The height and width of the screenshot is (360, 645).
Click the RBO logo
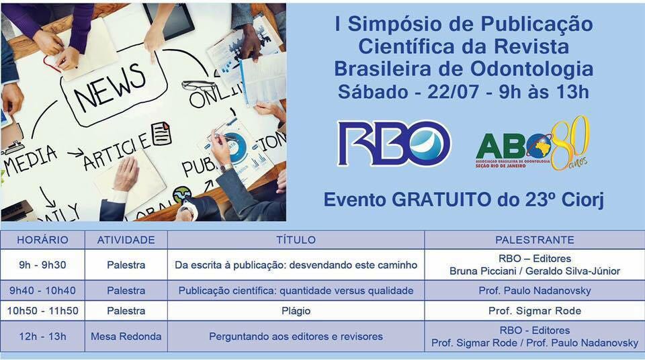point(394,143)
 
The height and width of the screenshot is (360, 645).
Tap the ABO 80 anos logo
point(533,143)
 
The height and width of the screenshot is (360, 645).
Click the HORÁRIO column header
point(43,240)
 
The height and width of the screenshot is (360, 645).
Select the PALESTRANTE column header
point(534,240)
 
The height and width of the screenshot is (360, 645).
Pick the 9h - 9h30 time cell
point(43,265)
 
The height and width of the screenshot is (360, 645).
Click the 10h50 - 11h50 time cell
point(43,310)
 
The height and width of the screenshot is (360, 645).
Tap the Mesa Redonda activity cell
point(126,336)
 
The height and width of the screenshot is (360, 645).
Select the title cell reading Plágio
point(296,311)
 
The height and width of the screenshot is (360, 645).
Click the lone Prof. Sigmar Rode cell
point(535,310)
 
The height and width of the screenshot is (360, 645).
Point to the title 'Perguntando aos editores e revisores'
point(296,336)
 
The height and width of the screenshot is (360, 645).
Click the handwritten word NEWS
point(110,88)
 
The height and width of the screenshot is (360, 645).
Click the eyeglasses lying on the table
point(199,86)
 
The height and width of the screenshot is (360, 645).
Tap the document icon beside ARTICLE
point(162,133)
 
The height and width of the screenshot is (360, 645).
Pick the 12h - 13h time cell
point(43,336)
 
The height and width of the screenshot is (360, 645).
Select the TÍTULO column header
point(296,240)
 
